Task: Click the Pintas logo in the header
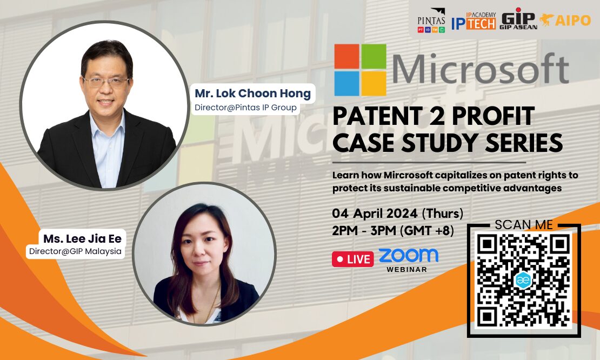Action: [x=431, y=21]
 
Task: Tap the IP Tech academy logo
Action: [x=474, y=21]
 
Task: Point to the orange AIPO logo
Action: [x=565, y=20]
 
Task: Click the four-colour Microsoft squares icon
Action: [x=360, y=70]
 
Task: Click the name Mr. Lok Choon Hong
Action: [x=252, y=94]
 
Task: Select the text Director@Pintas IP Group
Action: [x=245, y=108]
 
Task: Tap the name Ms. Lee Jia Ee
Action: [x=82, y=238]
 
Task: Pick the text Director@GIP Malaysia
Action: [x=75, y=251]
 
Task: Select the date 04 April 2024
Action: [x=375, y=213]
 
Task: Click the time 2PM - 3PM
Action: [x=364, y=231]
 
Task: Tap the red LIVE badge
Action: [x=352, y=259]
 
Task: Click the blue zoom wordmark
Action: [x=408, y=255]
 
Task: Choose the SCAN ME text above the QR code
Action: [x=523, y=224]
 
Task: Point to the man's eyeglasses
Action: [x=106, y=82]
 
